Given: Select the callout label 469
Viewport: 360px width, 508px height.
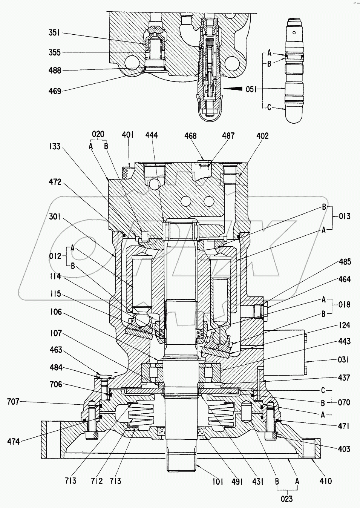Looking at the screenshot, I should click(x=55, y=91).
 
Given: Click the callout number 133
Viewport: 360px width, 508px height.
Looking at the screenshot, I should click(x=55, y=146).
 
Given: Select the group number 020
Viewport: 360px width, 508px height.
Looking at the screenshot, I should click(x=98, y=135).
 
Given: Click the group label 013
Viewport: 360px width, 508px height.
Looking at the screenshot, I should click(x=344, y=216).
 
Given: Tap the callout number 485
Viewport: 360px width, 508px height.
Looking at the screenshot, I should click(x=344, y=261).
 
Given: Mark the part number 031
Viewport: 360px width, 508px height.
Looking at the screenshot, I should click(x=343, y=360).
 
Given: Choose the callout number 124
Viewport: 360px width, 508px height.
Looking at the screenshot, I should click(x=344, y=325).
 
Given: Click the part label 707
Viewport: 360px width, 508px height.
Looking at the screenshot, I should click(x=13, y=402).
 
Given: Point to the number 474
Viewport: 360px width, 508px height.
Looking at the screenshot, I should click(x=14, y=441).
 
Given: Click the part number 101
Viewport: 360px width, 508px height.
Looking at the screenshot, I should click(x=218, y=481).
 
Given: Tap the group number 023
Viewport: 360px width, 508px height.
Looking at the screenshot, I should click(x=286, y=499).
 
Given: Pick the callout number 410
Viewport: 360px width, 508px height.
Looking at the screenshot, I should click(x=326, y=481).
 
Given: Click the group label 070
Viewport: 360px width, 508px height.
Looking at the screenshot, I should click(x=344, y=402).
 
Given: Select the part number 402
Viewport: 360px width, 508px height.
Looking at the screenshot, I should click(x=262, y=136).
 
